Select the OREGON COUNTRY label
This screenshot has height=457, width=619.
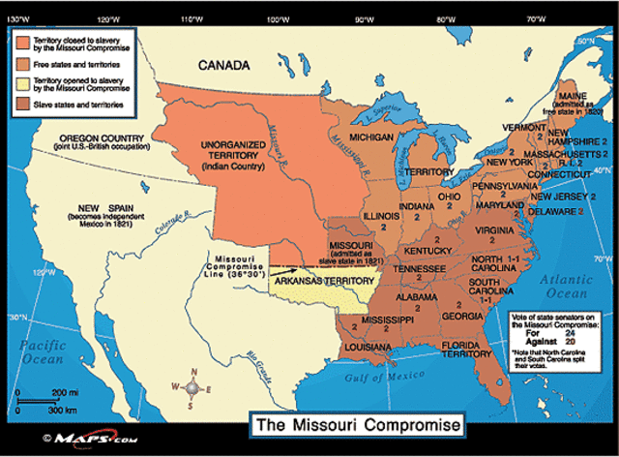click(98, 137)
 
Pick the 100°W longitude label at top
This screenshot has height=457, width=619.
click(280, 19)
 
